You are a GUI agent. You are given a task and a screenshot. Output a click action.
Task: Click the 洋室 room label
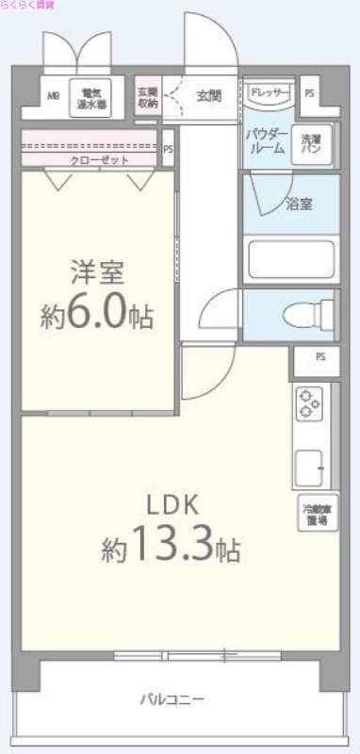(96, 272)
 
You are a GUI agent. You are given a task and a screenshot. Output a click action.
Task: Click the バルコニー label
(172, 699)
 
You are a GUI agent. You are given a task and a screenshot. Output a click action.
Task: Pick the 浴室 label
(300, 204)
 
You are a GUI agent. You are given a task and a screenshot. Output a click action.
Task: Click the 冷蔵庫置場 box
(316, 515)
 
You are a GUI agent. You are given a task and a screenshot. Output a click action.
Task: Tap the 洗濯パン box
(310, 143)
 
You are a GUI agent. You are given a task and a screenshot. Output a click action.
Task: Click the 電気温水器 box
(92, 98)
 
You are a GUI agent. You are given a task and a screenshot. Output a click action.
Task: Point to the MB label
(53, 95)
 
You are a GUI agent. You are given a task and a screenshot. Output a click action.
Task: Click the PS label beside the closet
(168, 148)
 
